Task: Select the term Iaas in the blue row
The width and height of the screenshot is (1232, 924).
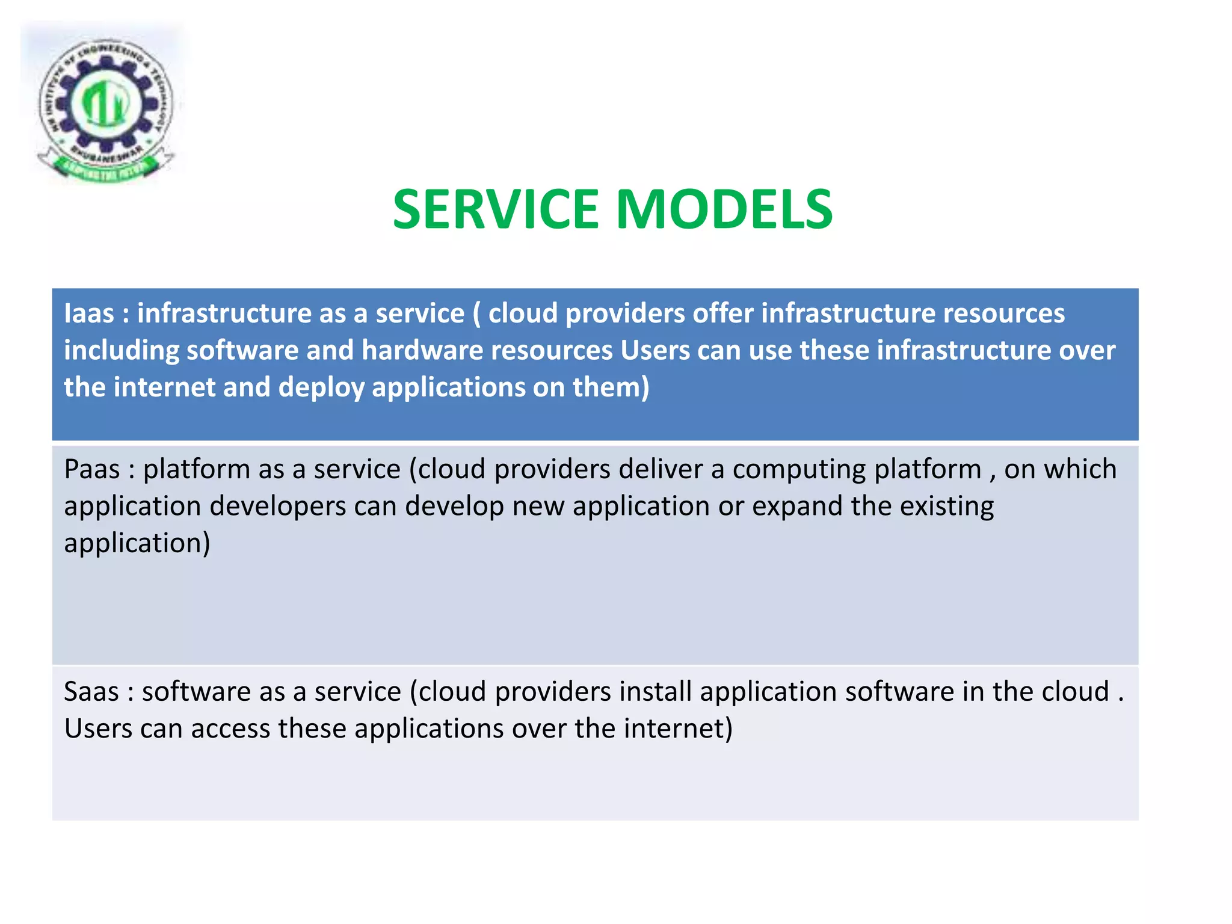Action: pos(89,313)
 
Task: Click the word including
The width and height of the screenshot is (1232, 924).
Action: pos(121,350)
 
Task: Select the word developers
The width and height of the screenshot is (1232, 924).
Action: pos(277,507)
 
